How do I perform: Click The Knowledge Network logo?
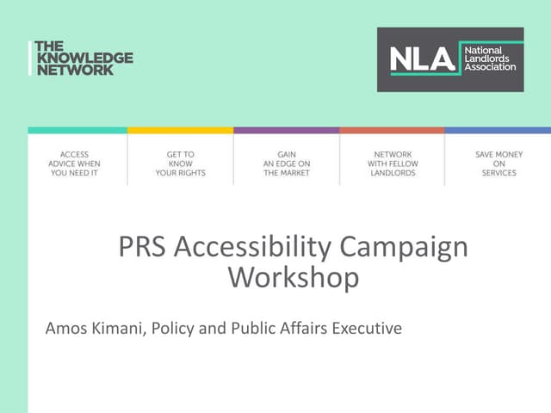pos(83,58)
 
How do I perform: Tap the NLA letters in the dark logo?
pos(422,59)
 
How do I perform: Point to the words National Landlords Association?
pos(488,59)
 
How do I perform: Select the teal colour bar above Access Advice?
pos(77,130)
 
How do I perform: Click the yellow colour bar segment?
pos(180,130)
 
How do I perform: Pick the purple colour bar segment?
pos(286,130)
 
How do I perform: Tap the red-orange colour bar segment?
pos(392,130)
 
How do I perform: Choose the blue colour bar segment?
pos(498,130)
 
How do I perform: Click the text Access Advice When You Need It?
pos(76,163)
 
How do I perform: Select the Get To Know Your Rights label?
pos(180,163)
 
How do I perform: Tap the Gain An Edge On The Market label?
pos(286,163)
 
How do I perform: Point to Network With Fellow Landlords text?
pos(392,163)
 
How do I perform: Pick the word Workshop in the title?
pos(293,277)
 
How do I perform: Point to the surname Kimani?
pos(120,329)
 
